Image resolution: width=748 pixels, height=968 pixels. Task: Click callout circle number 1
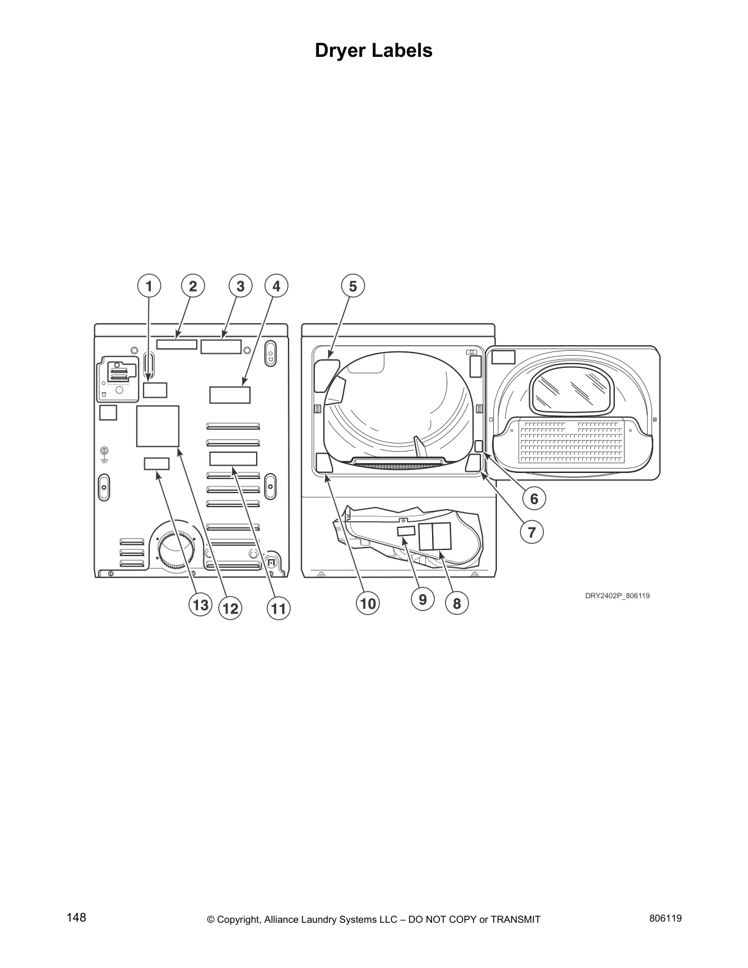148,285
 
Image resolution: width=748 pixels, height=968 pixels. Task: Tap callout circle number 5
353,285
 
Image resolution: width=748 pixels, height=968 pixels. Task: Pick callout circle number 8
457,603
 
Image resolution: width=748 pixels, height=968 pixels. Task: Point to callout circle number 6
533,499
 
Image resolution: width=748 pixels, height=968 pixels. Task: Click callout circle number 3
240,285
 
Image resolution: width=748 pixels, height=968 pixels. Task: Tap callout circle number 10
368,604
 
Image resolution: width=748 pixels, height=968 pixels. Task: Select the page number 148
76,917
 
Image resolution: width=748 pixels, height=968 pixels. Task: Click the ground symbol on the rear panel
105,453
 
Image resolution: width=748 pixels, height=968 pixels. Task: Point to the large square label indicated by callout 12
158,426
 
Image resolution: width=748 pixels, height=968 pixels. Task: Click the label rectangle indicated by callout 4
230,394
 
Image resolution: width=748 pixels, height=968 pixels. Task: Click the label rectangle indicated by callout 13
156,464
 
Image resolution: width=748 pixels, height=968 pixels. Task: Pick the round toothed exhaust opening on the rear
176,550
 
